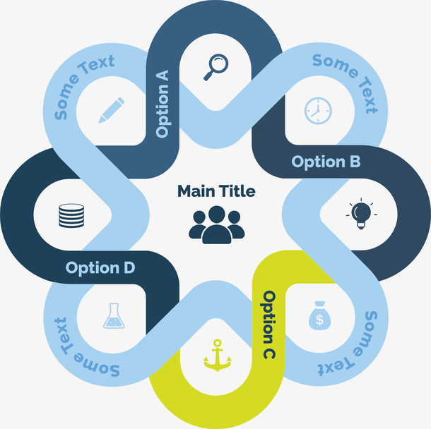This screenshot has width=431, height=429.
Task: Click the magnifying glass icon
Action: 216,66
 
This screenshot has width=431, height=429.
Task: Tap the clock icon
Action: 317,109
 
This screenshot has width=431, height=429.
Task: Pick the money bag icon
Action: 319,315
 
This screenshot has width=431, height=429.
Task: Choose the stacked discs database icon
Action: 71,214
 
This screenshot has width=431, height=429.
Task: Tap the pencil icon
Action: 111,111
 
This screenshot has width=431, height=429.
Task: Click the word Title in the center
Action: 236,191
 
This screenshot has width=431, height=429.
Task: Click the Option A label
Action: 163,103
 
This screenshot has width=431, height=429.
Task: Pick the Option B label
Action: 326,162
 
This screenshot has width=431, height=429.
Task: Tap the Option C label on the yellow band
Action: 269,325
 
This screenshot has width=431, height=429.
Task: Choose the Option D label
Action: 100,268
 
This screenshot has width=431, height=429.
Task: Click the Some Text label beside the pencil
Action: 83,88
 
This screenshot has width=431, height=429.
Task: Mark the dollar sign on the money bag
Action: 319,320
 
